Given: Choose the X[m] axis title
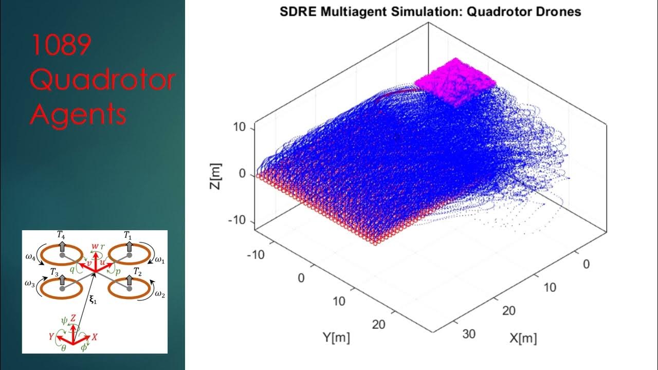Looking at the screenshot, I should coord(523,338).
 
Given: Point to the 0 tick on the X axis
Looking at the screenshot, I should coord(587,264).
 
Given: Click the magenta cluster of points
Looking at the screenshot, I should coord(455,82).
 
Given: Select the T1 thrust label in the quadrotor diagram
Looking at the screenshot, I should coord(129,235).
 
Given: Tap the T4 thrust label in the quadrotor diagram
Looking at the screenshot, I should coord(61,235).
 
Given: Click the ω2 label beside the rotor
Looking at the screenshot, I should coord(160,294).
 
